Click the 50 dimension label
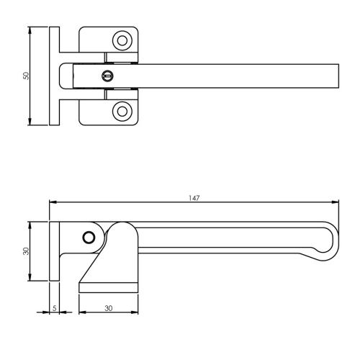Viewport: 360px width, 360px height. coord(25,76)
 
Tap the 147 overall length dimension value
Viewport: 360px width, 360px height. coord(195,197)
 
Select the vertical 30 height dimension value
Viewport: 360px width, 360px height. coord(25,251)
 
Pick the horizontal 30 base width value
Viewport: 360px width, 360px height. coord(109,308)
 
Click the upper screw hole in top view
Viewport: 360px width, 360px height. coord(122,40)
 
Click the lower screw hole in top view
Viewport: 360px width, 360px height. coord(122,111)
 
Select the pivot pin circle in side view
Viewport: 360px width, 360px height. coord(89,238)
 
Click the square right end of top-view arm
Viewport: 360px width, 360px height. coord(333,76)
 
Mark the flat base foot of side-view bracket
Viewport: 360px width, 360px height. coord(108,287)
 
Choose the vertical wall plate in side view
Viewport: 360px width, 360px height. coord(54,251)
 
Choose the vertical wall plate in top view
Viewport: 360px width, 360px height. coord(54,76)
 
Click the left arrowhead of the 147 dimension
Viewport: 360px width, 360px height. coord(53,202)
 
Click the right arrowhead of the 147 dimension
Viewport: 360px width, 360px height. coord(336,202)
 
